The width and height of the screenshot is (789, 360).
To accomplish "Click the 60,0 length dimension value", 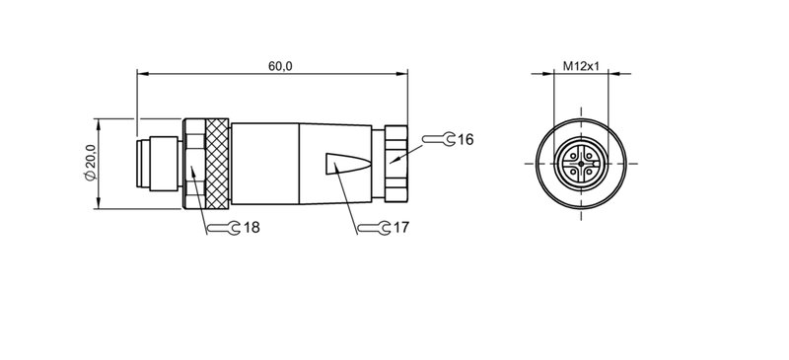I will click(279, 65).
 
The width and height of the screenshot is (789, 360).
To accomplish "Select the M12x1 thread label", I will click(582, 65).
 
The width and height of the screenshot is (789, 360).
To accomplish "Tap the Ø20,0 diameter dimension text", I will click(90, 162).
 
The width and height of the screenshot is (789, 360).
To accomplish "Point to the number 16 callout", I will click(466, 140).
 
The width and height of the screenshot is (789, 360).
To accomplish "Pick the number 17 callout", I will click(401, 228).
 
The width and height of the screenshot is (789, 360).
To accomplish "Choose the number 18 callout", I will click(251, 228).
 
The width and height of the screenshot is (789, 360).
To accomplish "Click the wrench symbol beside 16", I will click(444, 140).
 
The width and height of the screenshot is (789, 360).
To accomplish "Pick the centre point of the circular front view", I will click(584, 163).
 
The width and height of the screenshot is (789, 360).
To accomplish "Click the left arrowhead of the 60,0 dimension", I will click(140, 72).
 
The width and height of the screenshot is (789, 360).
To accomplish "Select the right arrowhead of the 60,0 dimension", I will click(405, 72).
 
